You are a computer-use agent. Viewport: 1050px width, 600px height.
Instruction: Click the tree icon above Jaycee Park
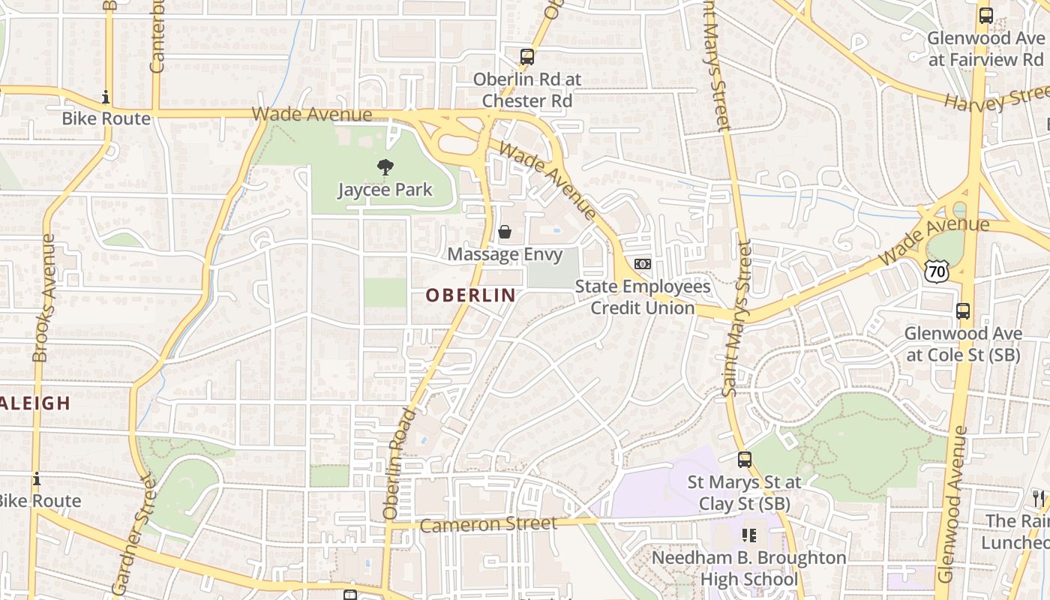click(385, 167)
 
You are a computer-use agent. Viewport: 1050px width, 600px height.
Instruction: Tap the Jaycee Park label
click(385, 189)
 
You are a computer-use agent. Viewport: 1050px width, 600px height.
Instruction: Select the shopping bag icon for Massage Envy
click(505, 232)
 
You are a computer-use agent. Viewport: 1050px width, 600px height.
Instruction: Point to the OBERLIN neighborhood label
click(471, 295)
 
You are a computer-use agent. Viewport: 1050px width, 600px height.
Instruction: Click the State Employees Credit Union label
click(643, 297)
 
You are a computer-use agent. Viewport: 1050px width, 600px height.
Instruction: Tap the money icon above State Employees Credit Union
click(643, 264)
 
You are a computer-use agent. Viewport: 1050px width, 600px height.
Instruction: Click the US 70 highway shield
click(936, 271)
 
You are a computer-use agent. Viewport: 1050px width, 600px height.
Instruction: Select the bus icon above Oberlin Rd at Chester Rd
click(527, 56)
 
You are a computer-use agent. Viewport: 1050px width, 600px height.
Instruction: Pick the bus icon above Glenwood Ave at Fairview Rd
click(986, 15)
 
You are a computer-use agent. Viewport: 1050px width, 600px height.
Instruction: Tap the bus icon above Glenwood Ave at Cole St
click(963, 310)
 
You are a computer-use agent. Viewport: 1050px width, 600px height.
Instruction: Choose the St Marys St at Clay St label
click(745, 493)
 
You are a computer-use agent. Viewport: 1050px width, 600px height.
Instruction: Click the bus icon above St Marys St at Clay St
click(745, 460)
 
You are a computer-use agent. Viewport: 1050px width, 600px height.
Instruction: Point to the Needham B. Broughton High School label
click(748, 568)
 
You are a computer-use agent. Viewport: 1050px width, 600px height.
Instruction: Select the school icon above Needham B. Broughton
click(748, 535)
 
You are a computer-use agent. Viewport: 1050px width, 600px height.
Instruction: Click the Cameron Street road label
click(488, 524)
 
